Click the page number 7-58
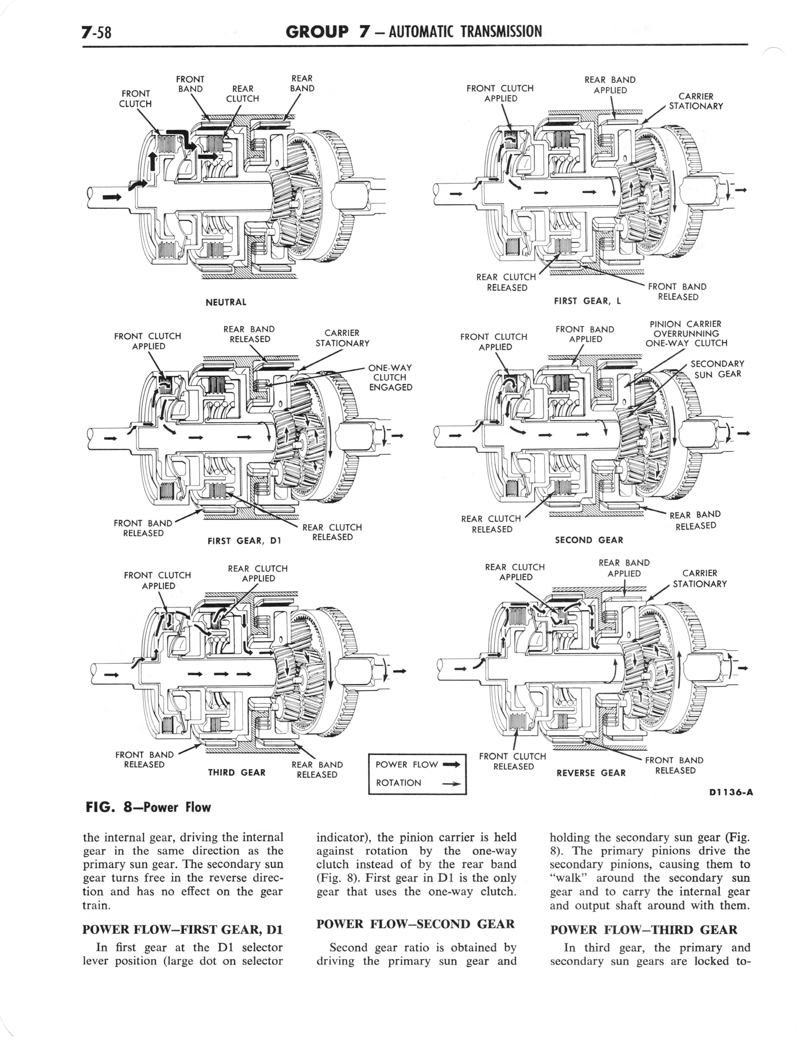point(97,32)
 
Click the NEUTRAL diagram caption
point(226,302)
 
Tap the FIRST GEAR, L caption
point(587,301)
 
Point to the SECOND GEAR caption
point(589,540)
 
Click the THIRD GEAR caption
point(237,773)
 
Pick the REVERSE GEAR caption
point(591,773)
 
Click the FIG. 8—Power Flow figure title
point(147,808)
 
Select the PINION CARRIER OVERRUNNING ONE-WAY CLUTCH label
point(686,334)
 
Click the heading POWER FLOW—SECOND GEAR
point(415,924)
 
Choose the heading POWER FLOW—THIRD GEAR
point(644,930)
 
